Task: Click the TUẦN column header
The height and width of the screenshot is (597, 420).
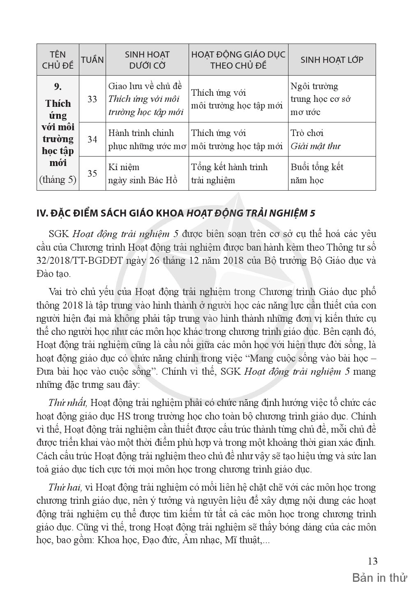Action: pos(92,60)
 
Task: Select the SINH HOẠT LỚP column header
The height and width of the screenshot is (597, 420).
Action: pos(332,60)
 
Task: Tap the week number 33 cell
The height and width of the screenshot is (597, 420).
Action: pos(92,99)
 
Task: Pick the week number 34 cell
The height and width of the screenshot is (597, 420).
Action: pos(92,139)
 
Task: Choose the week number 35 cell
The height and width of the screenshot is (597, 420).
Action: pos(92,173)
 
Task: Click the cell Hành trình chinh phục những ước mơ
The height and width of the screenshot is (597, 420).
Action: pos(147,139)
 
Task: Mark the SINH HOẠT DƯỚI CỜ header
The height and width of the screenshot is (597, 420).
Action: pos(147,60)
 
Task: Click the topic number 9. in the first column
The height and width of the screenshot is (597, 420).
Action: pos(58,86)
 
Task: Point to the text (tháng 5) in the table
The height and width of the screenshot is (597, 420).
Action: pos(58,180)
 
